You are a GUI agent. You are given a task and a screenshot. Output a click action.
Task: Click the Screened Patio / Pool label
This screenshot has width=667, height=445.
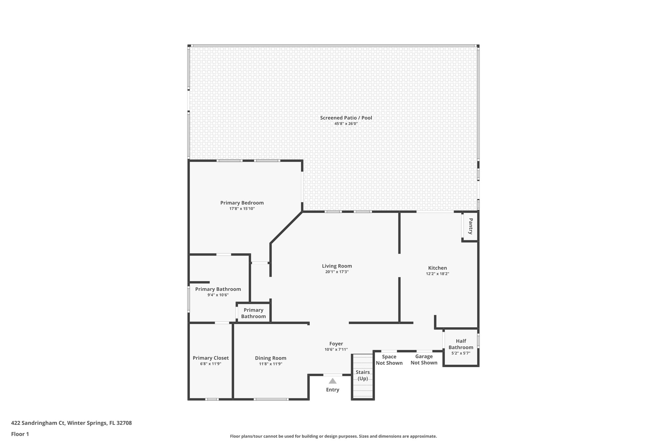[x=346, y=118]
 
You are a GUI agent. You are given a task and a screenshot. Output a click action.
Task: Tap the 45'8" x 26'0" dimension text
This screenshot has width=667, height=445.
[x=346, y=124]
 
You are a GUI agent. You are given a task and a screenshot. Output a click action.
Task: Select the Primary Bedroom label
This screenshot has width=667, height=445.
[x=242, y=203]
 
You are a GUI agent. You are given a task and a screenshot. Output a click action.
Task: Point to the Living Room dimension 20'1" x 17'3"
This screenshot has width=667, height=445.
[x=337, y=272]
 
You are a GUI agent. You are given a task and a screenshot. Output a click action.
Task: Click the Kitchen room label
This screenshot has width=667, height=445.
[x=437, y=268]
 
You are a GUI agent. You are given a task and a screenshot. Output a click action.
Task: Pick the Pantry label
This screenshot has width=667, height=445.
[x=471, y=226]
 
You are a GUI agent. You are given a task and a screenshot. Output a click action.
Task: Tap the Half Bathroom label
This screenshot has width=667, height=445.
[x=461, y=344]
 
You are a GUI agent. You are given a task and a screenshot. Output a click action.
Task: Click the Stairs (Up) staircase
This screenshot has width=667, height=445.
[x=363, y=376]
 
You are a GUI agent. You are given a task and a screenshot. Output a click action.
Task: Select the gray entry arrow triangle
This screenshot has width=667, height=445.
[x=333, y=381]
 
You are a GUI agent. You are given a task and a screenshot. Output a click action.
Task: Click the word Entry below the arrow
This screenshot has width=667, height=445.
[x=333, y=390]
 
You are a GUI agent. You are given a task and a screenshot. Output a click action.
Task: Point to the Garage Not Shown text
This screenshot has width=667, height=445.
[x=424, y=360]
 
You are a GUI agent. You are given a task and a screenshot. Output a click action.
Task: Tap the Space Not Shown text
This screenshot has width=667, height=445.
[x=389, y=360]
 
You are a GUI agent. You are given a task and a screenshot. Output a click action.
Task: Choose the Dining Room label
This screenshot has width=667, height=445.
[x=271, y=358]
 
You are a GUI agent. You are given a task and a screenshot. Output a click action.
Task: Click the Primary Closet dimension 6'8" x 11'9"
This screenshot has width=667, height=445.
[x=211, y=364]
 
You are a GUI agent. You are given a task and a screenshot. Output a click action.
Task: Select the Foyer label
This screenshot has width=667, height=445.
[x=336, y=344]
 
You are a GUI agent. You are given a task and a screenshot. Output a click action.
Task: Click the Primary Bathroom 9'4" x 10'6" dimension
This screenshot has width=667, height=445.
[x=218, y=295]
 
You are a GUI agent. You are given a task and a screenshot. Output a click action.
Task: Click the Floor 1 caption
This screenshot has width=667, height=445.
[x=20, y=434]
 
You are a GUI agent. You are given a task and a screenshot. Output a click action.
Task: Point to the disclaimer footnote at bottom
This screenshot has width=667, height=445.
[x=333, y=436]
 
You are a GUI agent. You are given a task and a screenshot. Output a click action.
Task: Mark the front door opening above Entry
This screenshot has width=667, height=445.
[x=333, y=375]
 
